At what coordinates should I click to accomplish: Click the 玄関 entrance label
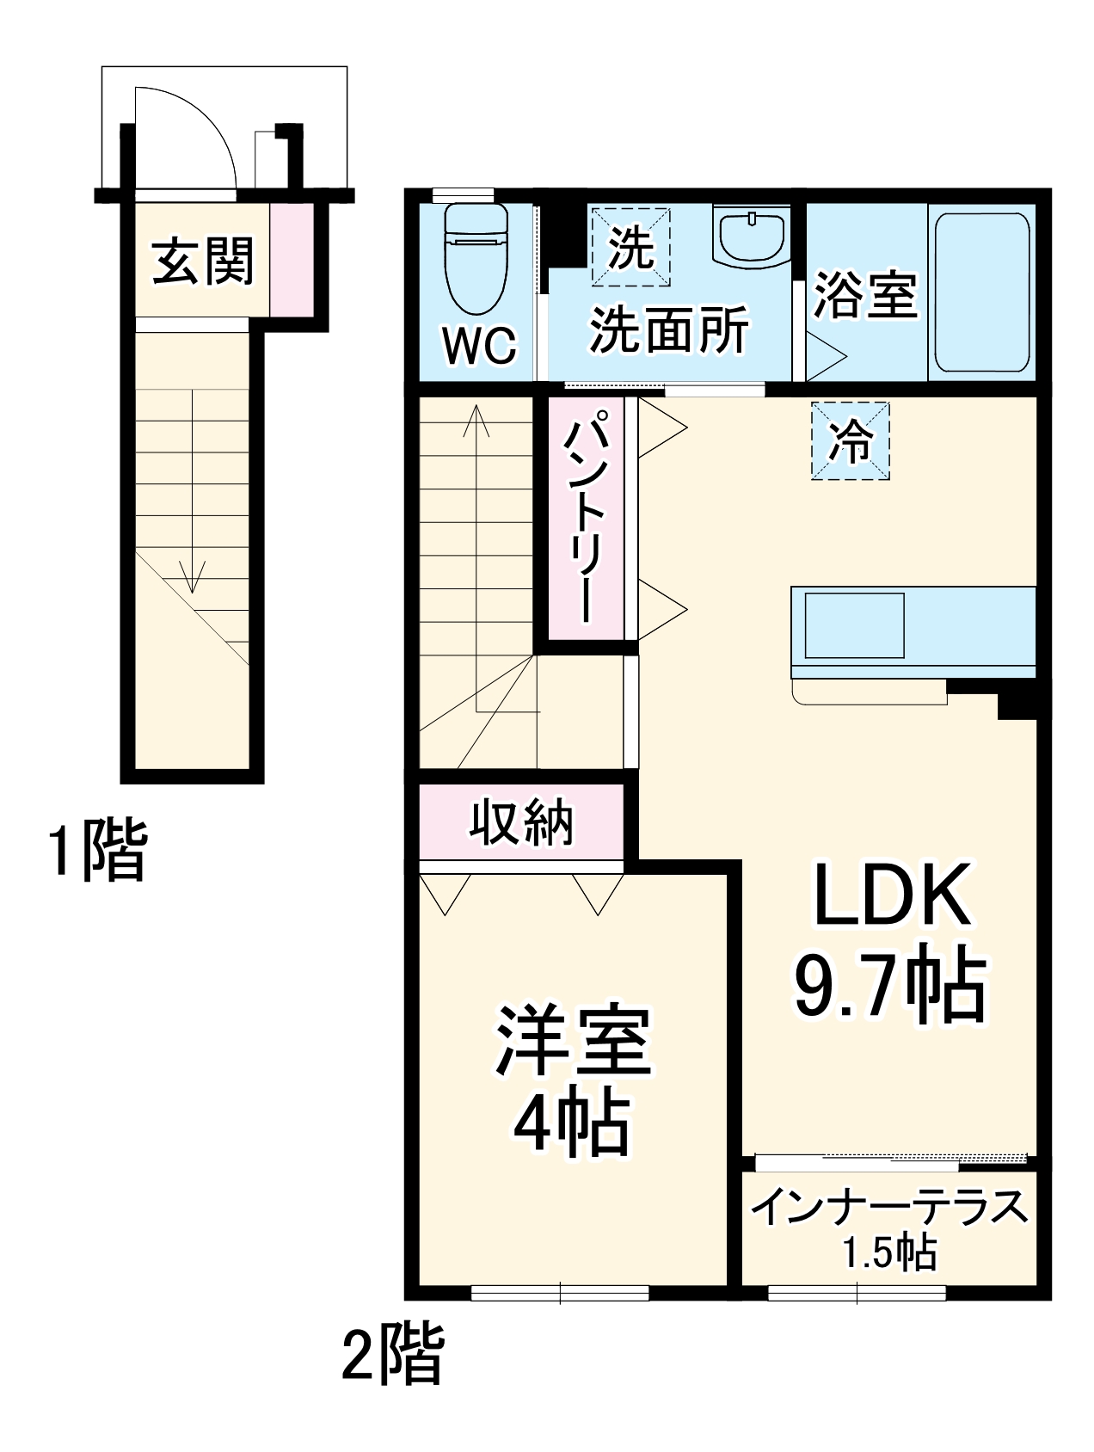click(x=203, y=261)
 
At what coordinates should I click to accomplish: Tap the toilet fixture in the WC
click(x=476, y=258)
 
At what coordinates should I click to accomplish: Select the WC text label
click(x=480, y=346)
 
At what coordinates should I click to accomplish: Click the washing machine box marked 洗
click(x=631, y=248)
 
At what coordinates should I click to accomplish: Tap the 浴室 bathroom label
click(x=865, y=295)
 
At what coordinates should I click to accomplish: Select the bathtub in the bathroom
click(x=982, y=291)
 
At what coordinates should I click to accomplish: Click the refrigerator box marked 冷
click(x=851, y=441)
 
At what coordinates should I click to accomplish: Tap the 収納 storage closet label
click(x=521, y=823)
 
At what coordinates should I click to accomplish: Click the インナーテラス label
click(x=889, y=1207)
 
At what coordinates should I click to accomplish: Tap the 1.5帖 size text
click(x=889, y=1253)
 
